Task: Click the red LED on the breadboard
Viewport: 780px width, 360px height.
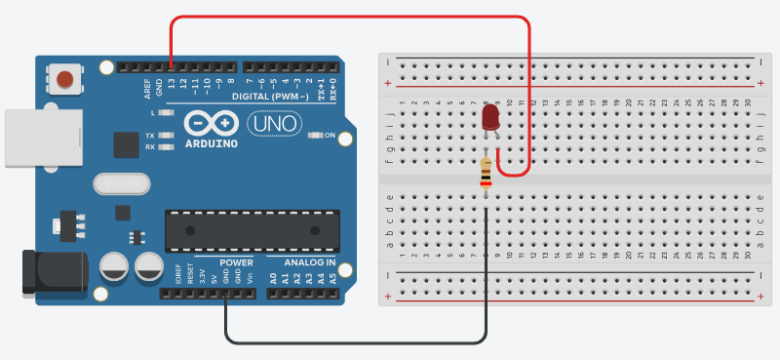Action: pyautogui.click(x=490, y=118)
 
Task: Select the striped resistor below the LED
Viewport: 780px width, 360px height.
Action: pyautogui.click(x=486, y=175)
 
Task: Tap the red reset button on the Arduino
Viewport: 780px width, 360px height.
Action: pyautogui.click(x=65, y=79)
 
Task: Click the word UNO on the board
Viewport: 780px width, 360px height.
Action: pyautogui.click(x=269, y=124)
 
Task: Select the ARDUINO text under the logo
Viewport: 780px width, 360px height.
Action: pyautogui.click(x=211, y=143)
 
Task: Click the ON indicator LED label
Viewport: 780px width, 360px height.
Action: pyautogui.click(x=329, y=136)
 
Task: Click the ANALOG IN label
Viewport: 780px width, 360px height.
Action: pyautogui.click(x=310, y=263)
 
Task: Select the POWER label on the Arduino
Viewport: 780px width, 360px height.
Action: pyautogui.click(x=235, y=263)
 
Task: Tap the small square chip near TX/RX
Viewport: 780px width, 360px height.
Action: pyautogui.click(x=126, y=145)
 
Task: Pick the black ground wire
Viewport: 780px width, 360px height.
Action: pyautogui.click(x=356, y=342)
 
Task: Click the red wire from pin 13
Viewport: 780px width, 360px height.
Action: pyautogui.click(x=351, y=17)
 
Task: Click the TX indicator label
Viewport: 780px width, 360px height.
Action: pyautogui.click(x=150, y=136)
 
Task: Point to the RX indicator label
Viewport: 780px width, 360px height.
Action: pyautogui.click(x=150, y=147)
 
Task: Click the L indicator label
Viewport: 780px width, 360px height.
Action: pyautogui.click(x=153, y=114)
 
